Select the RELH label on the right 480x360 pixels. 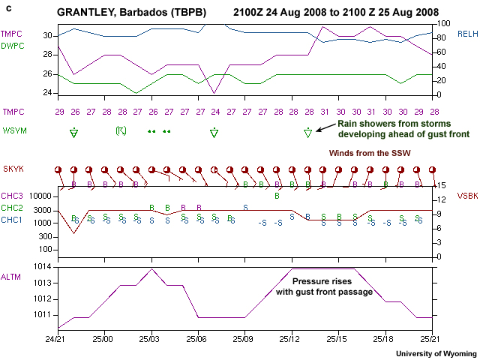click(x=466, y=34)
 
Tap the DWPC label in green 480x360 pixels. click(x=11, y=45)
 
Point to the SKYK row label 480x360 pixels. click(x=13, y=169)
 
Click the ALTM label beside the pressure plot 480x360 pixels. click(x=11, y=277)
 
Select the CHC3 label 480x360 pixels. click(x=12, y=196)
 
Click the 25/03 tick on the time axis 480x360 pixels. click(x=151, y=339)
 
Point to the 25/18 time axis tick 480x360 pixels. click(x=383, y=339)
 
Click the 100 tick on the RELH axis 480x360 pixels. click(x=442, y=23)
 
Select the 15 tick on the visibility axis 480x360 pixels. click(x=442, y=185)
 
